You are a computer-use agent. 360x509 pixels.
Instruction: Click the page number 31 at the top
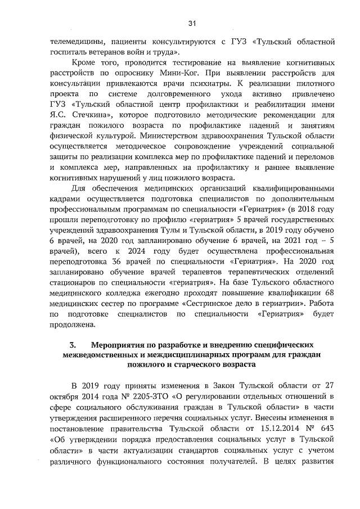click(x=192, y=23)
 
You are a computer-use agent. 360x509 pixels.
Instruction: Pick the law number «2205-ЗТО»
click(x=136, y=397)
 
